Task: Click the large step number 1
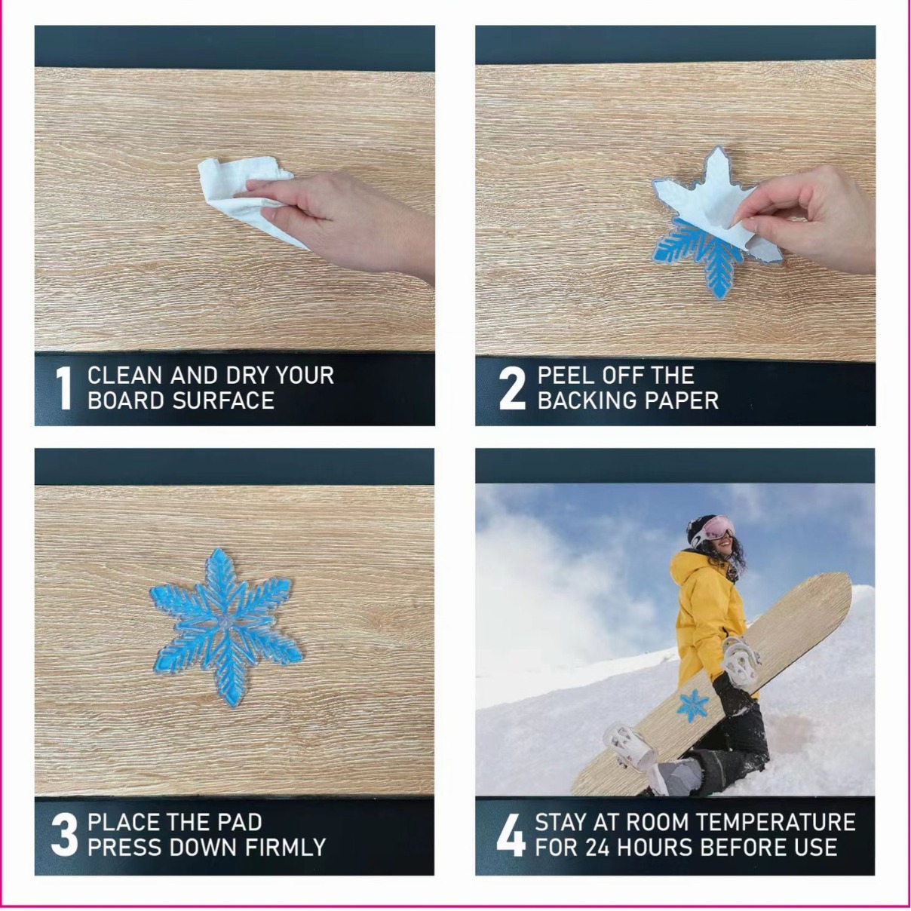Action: pyautogui.click(x=64, y=388)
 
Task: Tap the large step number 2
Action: pyautogui.click(x=512, y=388)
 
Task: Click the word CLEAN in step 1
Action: pyautogui.click(x=124, y=376)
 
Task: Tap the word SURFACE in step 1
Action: pyautogui.click(x=223, y=400)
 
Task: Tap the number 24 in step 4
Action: pyautogui.click(x=597, y=848)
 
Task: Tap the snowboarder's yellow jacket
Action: pyautogui.click(x=705, y=615)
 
